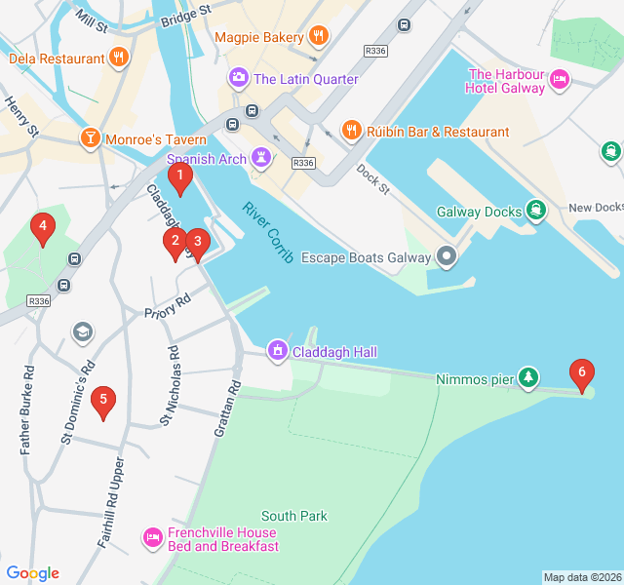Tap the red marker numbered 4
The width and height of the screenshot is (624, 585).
(41, 229)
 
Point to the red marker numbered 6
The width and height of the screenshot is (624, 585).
(581, 373)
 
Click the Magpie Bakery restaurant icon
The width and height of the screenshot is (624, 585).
(318, 37)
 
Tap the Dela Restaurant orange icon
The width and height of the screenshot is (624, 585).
(119, 58)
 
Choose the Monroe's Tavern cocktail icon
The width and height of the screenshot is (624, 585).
(90, 138)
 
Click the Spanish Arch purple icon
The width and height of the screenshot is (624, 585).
(260, 158)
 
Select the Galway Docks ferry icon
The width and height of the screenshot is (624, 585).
(535, 210)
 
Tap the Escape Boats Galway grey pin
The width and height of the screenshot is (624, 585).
(447, 257)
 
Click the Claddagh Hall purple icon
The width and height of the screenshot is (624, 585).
(278, 351)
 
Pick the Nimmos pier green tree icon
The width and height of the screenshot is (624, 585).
(527, 378)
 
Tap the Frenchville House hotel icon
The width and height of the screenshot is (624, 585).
(152, 538)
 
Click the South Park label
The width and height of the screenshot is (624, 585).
(293, 516)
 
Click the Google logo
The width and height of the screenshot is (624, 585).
(33, 573)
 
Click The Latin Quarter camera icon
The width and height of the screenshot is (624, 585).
(239, 78)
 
